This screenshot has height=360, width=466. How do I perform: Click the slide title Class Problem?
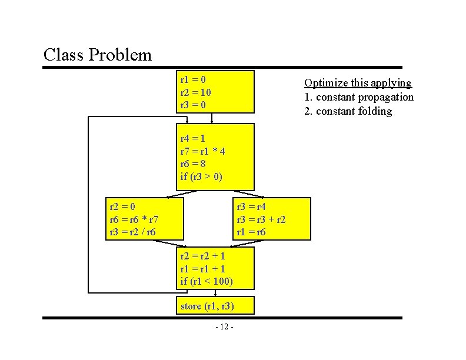98,55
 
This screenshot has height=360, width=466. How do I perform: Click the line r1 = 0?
193,79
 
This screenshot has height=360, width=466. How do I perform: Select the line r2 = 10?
195,92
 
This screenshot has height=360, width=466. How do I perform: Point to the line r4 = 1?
193,139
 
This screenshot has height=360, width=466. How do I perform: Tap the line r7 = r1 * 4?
202,151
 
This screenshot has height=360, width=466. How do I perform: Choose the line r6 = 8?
193,164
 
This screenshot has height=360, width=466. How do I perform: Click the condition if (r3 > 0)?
201,176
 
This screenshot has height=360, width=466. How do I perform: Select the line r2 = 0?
122,206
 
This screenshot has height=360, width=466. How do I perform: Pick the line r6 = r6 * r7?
134,219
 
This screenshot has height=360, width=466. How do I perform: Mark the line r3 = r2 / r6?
133,232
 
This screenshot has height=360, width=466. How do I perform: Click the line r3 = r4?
251,206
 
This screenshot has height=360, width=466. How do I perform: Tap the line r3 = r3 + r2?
261,219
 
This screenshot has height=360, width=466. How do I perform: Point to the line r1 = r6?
251,232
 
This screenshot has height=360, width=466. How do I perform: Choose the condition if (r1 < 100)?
207,281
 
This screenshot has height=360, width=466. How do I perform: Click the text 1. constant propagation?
359,97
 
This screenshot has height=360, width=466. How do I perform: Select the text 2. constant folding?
348,111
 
